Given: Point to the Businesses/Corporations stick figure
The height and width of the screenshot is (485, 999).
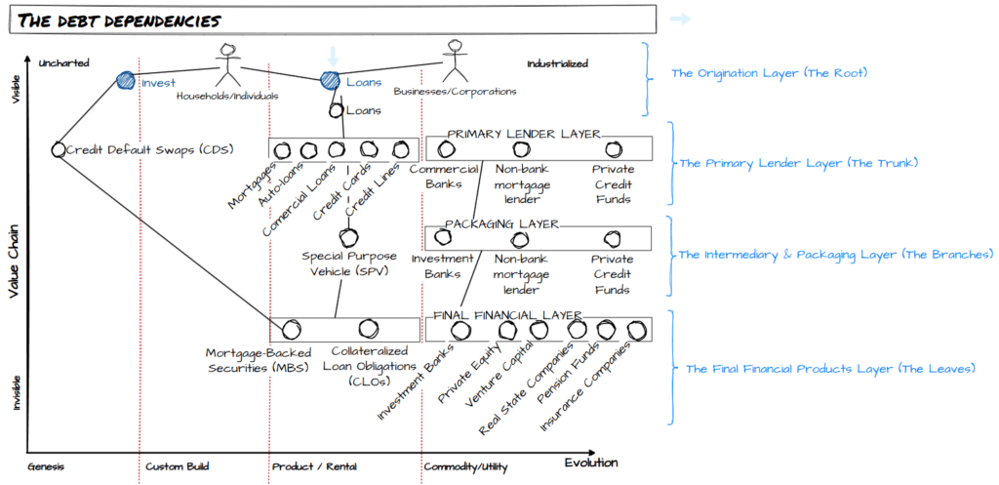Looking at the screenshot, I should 454,62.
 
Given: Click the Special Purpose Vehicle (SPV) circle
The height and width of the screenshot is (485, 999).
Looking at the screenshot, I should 348,237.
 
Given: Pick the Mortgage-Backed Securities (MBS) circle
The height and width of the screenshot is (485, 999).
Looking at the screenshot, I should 290,330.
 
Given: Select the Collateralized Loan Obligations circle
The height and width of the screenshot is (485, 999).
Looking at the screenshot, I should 368,330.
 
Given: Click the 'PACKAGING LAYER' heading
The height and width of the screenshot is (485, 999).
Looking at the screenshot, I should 501,223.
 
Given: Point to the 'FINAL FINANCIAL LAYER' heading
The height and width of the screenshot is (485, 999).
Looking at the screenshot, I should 507,315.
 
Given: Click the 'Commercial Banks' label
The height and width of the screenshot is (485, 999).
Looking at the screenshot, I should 445,176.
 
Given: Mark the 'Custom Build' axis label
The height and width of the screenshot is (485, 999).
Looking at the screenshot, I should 178,466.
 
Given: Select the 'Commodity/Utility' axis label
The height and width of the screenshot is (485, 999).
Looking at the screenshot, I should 465,466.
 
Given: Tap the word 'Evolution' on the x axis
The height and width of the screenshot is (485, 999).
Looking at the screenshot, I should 590,463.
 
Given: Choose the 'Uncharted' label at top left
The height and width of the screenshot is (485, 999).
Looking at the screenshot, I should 63,63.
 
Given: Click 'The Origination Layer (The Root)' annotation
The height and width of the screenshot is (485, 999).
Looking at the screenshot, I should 769,73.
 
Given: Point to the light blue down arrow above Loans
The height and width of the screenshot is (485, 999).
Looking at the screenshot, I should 332,57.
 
